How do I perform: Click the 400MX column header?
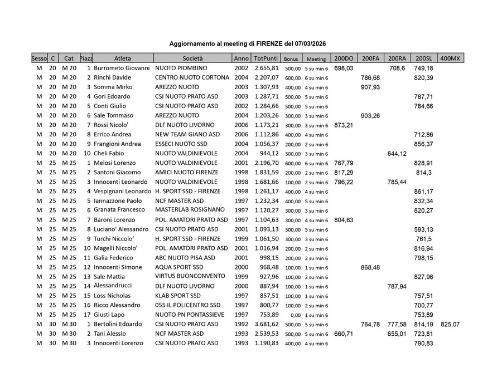click(450, 58)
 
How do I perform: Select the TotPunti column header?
click(266, 58)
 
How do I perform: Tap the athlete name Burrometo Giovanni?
click(122, 68)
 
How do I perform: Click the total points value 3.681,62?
click(266, 324)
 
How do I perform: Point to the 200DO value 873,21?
click(344, 125)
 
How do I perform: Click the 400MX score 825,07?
click(450, 324)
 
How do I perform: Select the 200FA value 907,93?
click(370, 87)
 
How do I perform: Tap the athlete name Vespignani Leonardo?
click(122, 191)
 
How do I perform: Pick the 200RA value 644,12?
click(397, 154)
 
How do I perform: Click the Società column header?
click(193, 58)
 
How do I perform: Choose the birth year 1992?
click(242, 324)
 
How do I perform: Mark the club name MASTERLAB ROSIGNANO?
click(190, 210)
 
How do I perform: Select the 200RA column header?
click(397, 58)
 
